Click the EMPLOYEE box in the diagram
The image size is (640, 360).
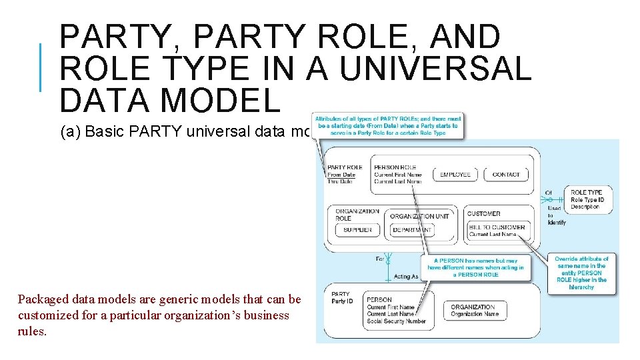[x=455, y=175]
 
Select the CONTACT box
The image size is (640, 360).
[x=506, y=175]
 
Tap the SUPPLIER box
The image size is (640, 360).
[x=358, y=230]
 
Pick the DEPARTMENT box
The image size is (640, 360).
[x=412, y=230]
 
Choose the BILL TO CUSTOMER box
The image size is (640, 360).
[x=497, y=231]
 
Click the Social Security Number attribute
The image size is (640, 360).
[x=396, y=321]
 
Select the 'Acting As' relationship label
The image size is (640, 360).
[x=407, y=276]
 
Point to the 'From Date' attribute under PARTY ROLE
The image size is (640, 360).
[x=341, y=175]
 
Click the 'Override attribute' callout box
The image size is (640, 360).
[x=581, y=273]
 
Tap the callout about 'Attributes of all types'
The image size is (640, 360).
[x=387, y=125]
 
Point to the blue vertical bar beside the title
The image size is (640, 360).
[x=41, y=67]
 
